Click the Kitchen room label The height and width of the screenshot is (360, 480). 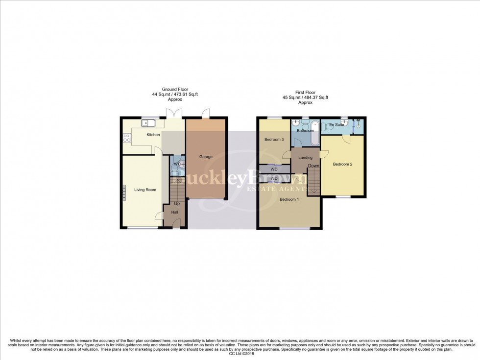153,135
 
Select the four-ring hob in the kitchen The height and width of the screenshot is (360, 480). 126,139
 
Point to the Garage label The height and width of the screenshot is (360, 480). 205,157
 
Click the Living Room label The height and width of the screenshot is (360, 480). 145,190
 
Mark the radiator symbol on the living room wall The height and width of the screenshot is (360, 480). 124,192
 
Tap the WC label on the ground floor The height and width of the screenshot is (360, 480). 177,164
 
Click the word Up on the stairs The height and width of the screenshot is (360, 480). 176,203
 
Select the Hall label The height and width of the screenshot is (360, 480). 174,212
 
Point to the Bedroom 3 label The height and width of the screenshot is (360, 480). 274,140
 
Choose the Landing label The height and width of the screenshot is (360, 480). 305,157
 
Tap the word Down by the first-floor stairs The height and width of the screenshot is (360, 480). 313,166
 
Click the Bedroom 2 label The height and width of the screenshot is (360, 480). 342,164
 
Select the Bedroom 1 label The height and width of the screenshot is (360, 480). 288,199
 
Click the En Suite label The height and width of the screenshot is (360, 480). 336,124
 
